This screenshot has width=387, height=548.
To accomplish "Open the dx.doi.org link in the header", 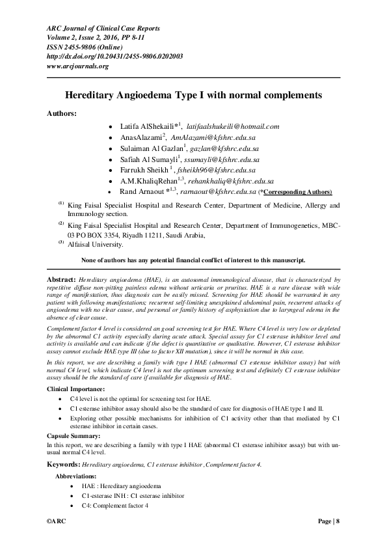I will [x=114, y=57].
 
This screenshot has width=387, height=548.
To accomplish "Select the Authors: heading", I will [x=61, y=113].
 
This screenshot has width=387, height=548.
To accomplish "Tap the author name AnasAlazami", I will [x=141, y=137].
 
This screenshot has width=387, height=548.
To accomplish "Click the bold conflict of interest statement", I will [x=193, y=260].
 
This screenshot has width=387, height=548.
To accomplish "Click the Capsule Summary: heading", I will [x=73, y=435].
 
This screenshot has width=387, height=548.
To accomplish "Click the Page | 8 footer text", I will [x=328, y=522].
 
